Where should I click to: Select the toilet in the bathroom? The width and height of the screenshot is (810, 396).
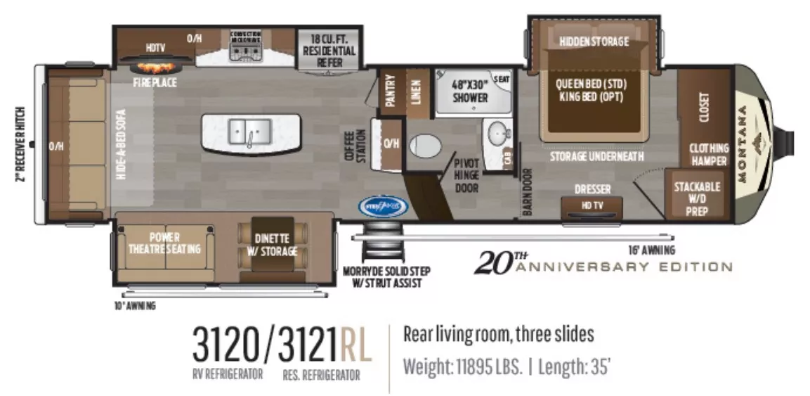pyautogui.click(x=424, y=146)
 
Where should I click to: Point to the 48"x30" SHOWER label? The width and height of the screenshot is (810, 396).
pyautogui.click(x=469, y=91)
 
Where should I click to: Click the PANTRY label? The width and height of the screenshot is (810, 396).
pyautogui.click(x=391, y=90)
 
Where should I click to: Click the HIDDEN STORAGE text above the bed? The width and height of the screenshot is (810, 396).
pyautogui.click(x=594, y=41)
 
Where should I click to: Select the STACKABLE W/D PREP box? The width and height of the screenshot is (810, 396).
pyautogui.click(x=696, y=198)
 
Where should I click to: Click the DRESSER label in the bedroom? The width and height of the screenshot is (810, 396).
pyautogui.click(x=592, y=189)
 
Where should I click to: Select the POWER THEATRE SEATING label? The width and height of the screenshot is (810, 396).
pyautogui.click(x=164, y=243)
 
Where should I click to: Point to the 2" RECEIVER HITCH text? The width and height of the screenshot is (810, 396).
pyautogui.click(x=20, y=143)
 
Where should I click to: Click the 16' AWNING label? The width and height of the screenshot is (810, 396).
pyautogui.click(x=651, y=250)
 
